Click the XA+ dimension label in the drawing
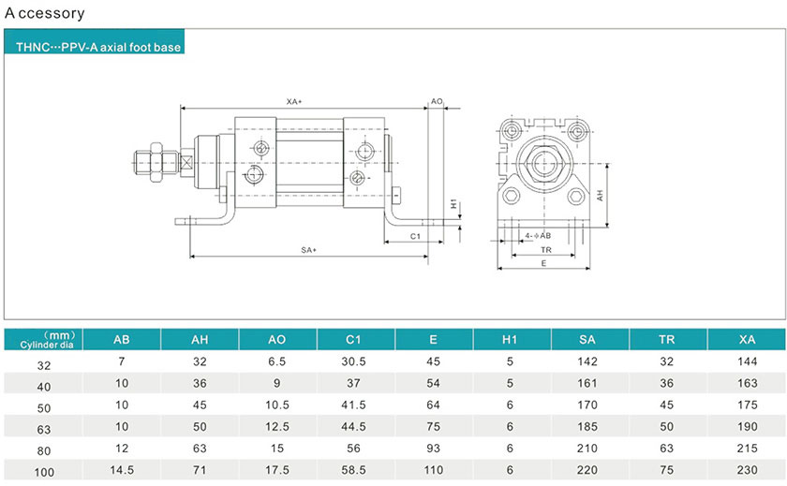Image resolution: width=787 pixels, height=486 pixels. pos(294,101)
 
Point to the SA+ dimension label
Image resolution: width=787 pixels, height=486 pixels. pos(309,250)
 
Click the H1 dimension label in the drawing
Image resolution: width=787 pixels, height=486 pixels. pos(453,203)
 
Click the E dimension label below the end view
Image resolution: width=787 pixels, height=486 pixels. pos(544,264)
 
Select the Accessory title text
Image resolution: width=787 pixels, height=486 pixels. pos(45,13)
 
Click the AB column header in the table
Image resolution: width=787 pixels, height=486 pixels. pos(122,340)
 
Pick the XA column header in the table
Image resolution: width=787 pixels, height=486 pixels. pos(747,340)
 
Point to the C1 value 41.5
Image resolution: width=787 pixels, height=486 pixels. pos(356,405)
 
